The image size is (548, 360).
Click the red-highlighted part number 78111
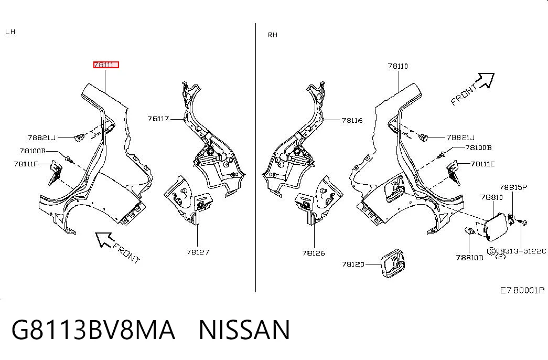[106, 65]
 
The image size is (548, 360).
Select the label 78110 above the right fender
[397, 66]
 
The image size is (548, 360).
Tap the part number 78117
[158, 119]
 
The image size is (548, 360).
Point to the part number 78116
[352, 120]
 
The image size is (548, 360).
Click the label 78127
[198, 252]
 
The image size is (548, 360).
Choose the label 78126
[314, 253]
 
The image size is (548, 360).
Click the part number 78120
[353, 264]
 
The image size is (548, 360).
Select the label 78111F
[26, 164]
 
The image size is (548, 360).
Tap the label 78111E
[482, 164]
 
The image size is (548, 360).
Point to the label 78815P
[513, 187]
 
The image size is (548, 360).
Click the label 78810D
[470, 258]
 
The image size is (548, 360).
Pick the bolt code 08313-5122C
[521, 251]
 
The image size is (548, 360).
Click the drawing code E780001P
[522, 290]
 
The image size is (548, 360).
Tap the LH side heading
[10, 32]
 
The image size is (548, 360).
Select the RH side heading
[273, 35]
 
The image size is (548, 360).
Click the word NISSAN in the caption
[244, 330]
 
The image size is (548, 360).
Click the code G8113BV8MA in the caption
[93, 330]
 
